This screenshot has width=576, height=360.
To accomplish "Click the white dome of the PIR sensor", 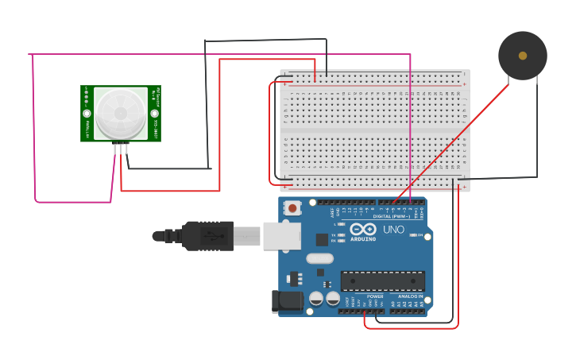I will (x=119, y=113).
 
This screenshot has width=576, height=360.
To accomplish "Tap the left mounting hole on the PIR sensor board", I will (x=87, y=114).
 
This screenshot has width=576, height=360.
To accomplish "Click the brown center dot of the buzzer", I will (x=522, y=56).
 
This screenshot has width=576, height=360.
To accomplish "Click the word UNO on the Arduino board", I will (x=394, y=230).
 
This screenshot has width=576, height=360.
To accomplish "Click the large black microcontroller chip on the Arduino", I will (x=382, y=281).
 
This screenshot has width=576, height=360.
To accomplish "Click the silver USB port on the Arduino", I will (x=281, y=235).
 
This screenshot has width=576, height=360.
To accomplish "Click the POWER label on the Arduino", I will (x=374, y=296).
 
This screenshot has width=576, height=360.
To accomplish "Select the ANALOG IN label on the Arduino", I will (x=410, y=296).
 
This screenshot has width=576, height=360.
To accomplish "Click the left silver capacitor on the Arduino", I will (x=316, y=299).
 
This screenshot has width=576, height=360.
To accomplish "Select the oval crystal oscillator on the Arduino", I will (x=319, y=258).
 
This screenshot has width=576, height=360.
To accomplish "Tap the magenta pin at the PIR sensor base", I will (x=115, y=148).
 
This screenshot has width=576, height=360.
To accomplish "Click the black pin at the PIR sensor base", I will (x=126, y=148).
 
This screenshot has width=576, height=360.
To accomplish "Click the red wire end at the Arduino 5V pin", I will (x=365, y=312).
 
